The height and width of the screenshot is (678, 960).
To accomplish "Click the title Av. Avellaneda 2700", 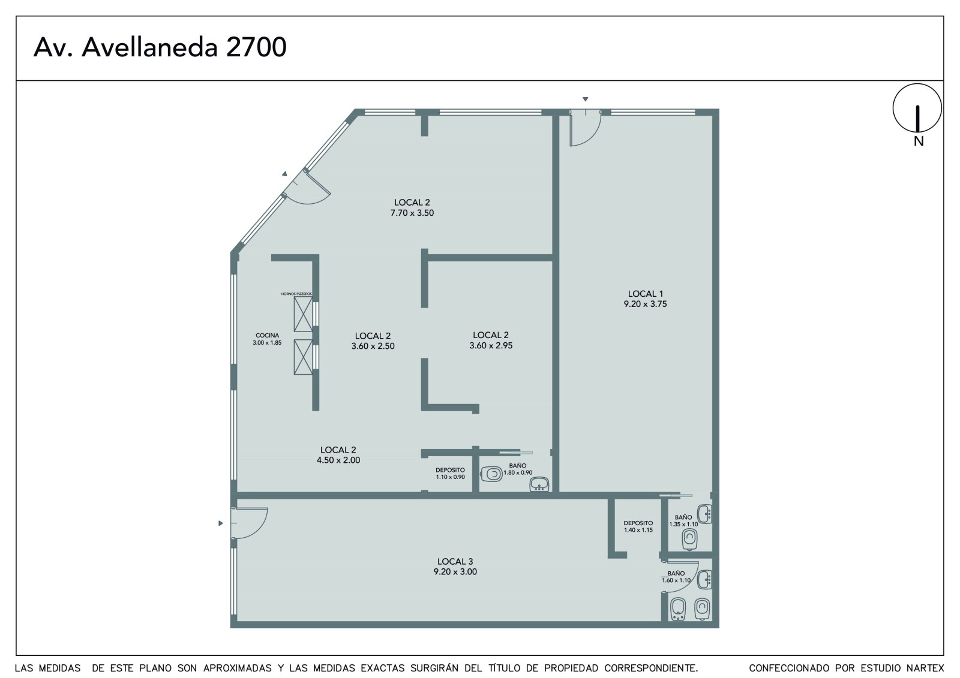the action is click(x=160, y=47).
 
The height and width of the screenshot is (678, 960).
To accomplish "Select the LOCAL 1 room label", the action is click(x=646, y=294).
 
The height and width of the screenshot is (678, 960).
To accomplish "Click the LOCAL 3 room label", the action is click(x=455, y=562).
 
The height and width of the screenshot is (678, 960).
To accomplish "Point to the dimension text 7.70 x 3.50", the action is click(x=412, y=213).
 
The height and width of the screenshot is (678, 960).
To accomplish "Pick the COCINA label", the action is click(x=268, y=335).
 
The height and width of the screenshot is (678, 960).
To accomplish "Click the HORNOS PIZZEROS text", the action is click(x=296, y=294).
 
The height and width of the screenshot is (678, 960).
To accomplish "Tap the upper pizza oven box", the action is click(x=303, y=314).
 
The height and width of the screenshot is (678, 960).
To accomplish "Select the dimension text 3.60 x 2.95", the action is click(x=491, y=346).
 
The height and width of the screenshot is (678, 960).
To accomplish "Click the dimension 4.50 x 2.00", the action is click(x=338, y=460).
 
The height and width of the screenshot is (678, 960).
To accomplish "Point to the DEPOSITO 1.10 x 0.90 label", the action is click(x=450, y=473).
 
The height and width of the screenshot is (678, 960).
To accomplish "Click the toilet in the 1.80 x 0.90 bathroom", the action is click(x=491, y=474).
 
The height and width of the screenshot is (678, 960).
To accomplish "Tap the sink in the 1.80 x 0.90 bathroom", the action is click(x=539, y=484).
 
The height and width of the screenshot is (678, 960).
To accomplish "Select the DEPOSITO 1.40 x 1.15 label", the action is click(x=638, y=526).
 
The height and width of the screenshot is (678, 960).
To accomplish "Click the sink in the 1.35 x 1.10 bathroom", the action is click(x=704, y=514).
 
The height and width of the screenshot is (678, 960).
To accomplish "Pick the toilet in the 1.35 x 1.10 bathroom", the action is click(x=689, y=540).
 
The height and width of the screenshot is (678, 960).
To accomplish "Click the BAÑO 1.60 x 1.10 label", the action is click(x=676, y=577).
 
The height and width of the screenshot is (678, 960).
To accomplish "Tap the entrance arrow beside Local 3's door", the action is click(x=221, y=523).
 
